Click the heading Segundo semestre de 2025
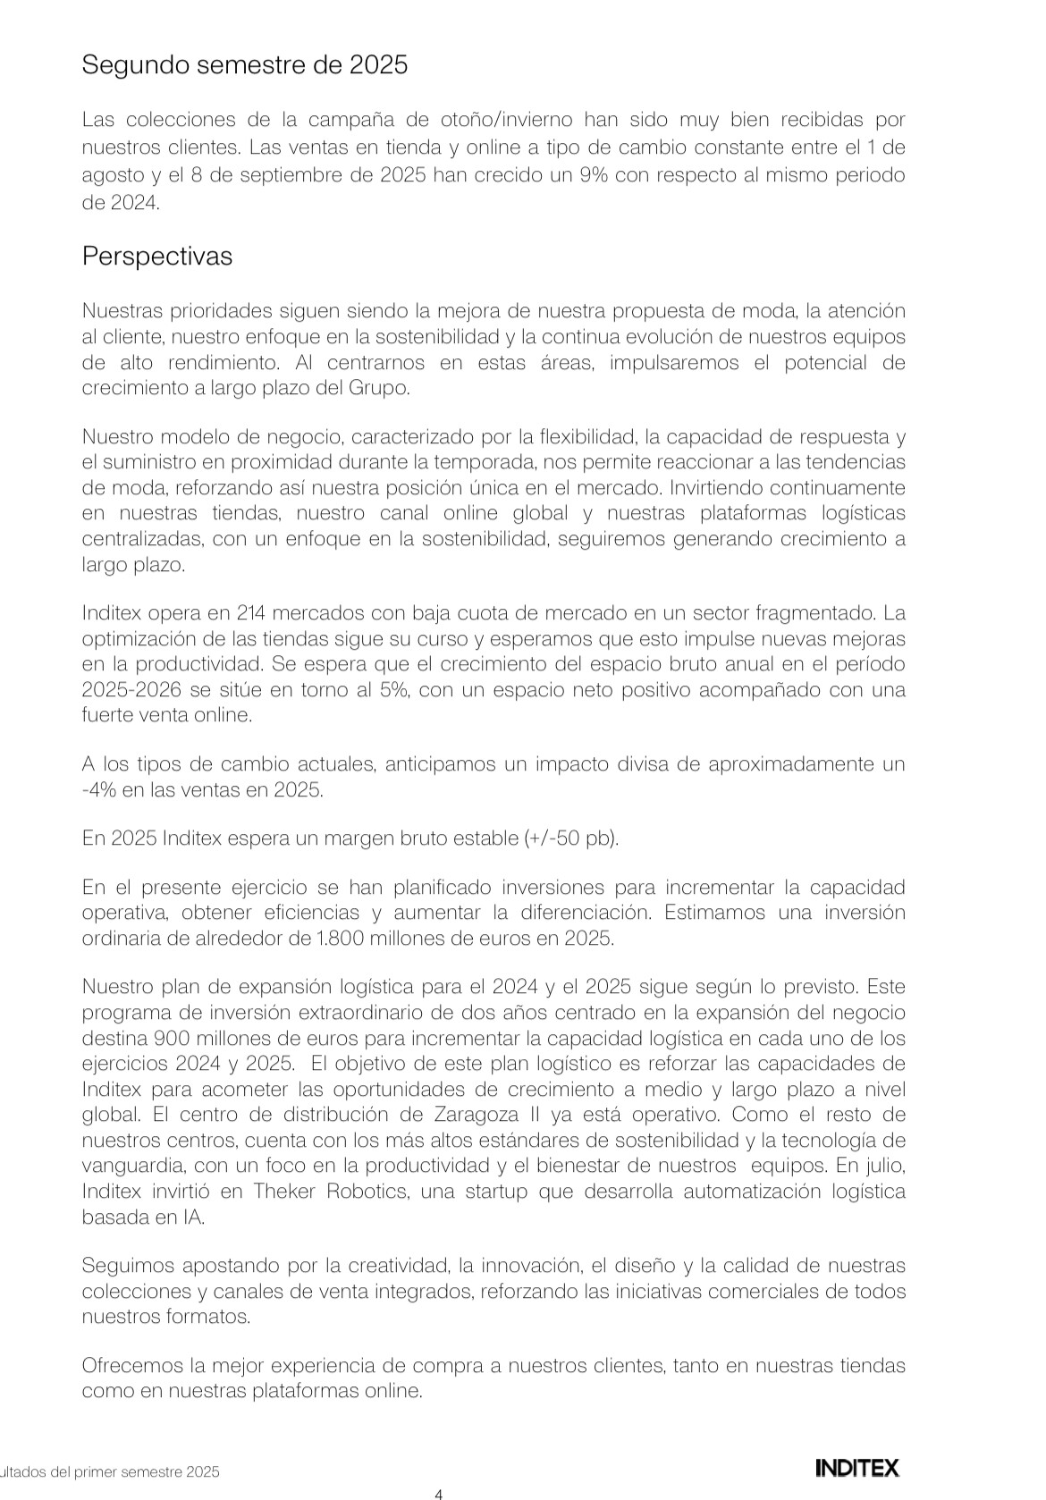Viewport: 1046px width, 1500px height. pyautogui.click(x=244, y=65)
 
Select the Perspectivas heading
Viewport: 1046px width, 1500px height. pyautogui.click(x=157, y=257)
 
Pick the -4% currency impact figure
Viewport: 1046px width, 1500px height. pyautogui.click(x=97, y=790)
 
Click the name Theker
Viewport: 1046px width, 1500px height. pyautogui.click(x=284, y=1192)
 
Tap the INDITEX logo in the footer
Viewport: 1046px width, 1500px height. pyautogui.click(x=856, y=1467)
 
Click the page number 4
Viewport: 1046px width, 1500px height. pyautogui.click(x=438, y=1493)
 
